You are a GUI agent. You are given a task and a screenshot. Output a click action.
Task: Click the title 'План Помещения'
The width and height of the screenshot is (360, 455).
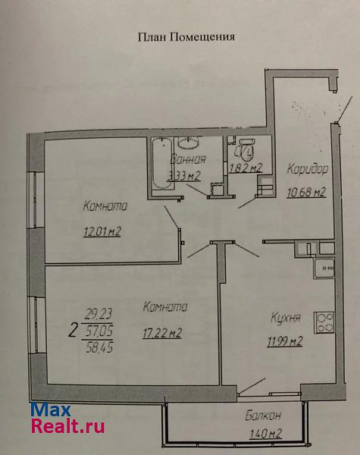coord(186,37)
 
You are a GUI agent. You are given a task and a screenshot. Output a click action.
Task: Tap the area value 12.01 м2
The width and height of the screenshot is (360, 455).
coord(102,231)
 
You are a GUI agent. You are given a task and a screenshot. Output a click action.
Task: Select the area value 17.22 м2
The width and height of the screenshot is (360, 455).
coord(162,333)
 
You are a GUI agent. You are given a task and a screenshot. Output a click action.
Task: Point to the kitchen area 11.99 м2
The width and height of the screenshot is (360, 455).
coord(284,341)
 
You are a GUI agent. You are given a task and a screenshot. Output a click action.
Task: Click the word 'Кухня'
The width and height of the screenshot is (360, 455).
coord(286,318)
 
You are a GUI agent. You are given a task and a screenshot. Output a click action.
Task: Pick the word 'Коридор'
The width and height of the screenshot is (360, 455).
coord(308,169)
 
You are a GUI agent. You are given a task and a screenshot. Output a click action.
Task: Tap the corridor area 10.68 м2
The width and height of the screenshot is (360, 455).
coord(307,192)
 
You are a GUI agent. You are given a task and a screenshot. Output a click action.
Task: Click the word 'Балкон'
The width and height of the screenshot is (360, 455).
coord(263,416)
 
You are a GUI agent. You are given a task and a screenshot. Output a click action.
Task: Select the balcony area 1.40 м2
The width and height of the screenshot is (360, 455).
coord(266,434)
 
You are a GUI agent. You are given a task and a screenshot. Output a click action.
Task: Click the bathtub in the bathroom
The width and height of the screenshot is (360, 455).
coord(162,164)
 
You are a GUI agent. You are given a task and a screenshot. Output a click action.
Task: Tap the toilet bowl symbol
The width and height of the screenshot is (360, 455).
coord(246,149)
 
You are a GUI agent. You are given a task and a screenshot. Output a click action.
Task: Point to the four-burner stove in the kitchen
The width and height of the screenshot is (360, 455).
coord(324,322)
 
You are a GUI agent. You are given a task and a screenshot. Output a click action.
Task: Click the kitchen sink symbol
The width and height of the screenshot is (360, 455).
coord(324,268)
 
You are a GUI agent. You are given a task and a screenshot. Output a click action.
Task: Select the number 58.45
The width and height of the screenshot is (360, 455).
coord(99,347)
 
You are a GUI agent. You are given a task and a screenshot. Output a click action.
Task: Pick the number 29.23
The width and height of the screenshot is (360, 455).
coord(99,314)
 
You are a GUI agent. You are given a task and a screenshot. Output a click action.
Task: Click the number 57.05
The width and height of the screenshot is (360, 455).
coord(99,331)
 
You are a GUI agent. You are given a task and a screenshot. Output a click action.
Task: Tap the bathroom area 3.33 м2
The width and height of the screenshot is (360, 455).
coord(184,176)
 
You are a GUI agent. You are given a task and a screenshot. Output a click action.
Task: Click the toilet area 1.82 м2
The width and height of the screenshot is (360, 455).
coord(246,168)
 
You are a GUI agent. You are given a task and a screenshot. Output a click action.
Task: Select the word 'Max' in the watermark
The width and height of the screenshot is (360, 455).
coord(51,410)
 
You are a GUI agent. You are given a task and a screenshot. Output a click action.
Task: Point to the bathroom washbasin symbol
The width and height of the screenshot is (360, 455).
coord(188,143)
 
